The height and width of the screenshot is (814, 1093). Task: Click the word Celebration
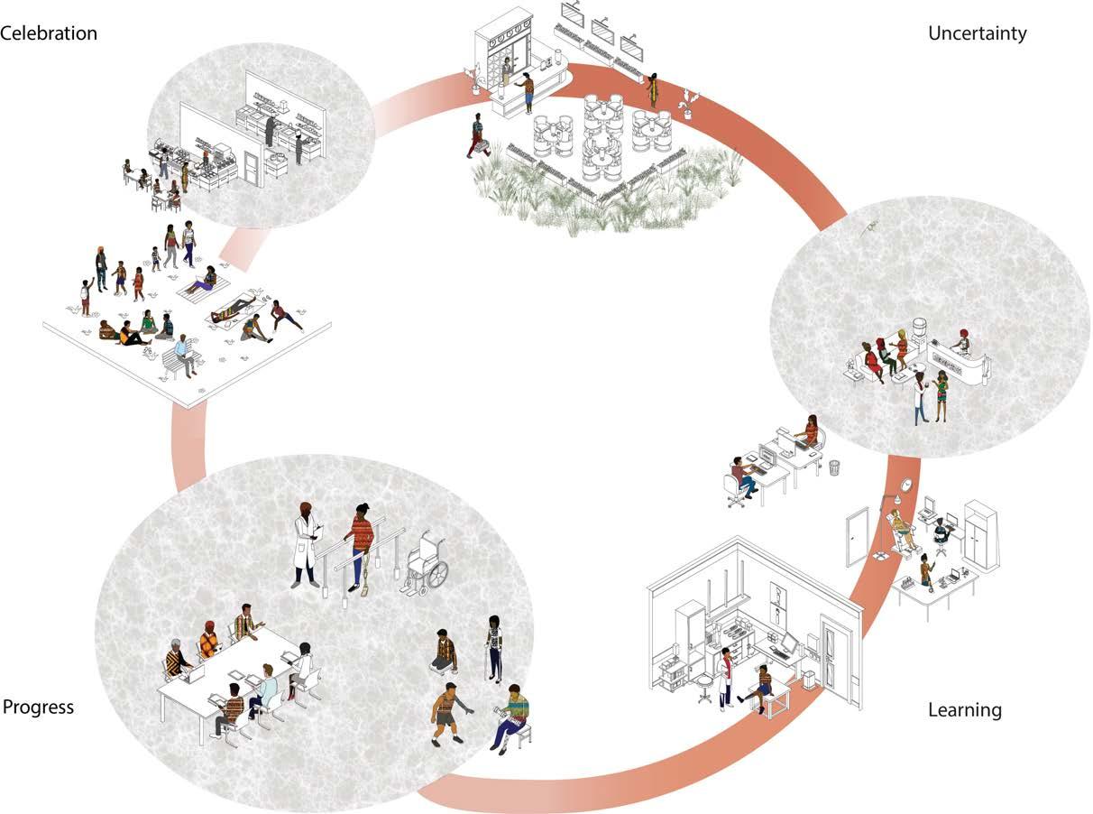point(49,33)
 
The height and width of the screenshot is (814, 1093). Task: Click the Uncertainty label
point(977,34)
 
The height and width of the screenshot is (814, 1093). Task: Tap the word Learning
point(964,710)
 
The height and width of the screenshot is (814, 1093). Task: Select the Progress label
point(38,707)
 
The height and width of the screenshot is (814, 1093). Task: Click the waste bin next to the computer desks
point(834,467)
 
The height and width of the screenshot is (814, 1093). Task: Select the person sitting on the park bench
point(185,354)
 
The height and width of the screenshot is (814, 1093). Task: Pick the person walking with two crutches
point(493,646)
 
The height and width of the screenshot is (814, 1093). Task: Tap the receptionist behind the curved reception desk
point(962,341)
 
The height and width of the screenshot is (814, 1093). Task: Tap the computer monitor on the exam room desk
point(786,643)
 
